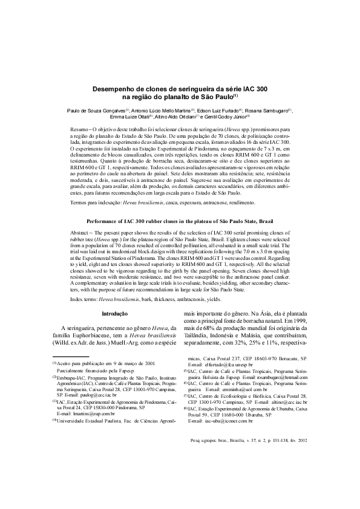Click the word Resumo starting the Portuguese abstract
[80, 129]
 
